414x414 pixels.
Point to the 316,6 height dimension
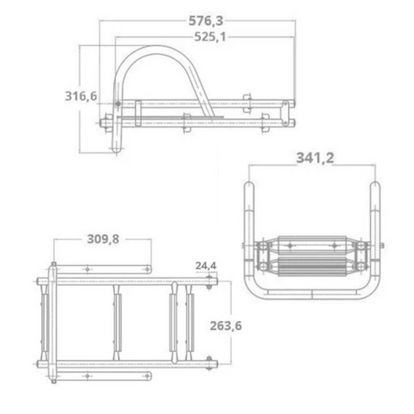[x=81, y=97]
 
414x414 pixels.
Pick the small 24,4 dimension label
[x=205, y=266]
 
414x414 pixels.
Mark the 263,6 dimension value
[x=227, y=325]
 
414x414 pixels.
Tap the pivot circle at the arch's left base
[x=118, y=104]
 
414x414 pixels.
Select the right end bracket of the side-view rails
[x=286, y=113]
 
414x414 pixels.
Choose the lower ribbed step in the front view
[x=310, y=267]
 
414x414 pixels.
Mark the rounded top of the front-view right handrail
[x=375, y=186]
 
